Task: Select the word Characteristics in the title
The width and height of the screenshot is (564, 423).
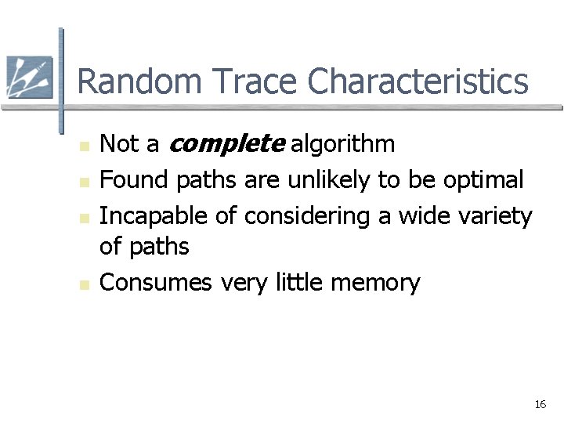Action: point(418,81)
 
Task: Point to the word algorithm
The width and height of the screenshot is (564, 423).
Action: point(343,144)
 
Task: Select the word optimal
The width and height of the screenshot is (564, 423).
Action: point(483,180)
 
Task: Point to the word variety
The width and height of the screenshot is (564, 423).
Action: point(493,216)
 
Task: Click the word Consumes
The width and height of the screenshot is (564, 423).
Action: point(156,282)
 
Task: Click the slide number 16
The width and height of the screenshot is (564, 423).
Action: point(540,404)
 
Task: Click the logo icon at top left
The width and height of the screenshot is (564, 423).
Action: point(29,78)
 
